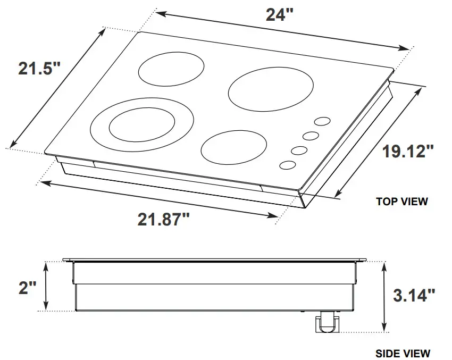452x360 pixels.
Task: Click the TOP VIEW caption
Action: coord(401,202)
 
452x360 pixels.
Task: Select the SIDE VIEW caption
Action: coord(403,353)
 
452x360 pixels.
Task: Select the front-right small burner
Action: coord(234,146)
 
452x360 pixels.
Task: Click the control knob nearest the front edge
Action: coord(287,165)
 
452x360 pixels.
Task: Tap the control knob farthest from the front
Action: coord(322,122)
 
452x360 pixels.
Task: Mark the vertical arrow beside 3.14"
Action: coord(384,296)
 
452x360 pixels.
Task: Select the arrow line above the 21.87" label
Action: coord(160,199)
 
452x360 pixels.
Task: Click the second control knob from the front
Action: coord(299,150)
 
